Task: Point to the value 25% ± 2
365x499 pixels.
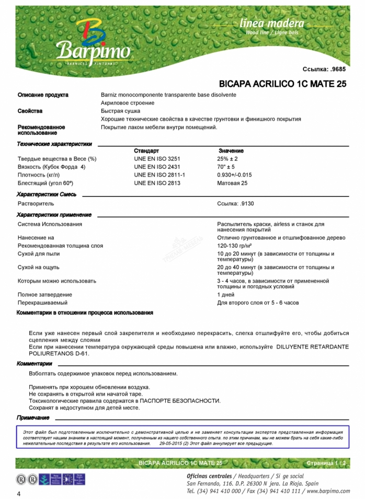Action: pos(227,158)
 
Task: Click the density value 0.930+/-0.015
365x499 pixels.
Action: pos(234,175)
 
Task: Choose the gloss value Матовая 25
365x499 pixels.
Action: pos(232,183)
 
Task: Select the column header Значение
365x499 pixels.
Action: pos(231,150)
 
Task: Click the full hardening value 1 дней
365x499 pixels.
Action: pos(226,295)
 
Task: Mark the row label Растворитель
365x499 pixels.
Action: pos(36,203)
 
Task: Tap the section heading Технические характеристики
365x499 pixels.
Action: pos(54,144)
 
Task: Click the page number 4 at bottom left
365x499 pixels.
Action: pos(19,494)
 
